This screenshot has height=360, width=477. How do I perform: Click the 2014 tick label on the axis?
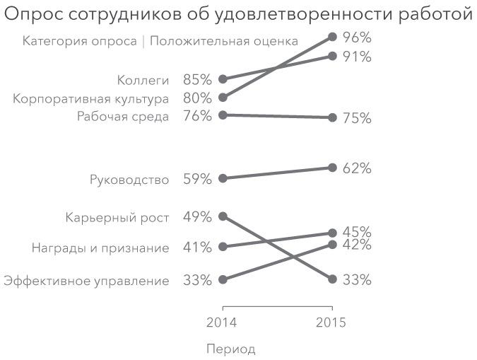tap(222, 323)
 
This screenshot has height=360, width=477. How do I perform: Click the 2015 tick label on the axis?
tap(331, 323)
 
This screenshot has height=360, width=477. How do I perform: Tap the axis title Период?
tap(231, 349)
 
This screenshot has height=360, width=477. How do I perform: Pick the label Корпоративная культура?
tap(90, 98)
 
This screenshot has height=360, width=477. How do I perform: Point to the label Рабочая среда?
tap(123, 117)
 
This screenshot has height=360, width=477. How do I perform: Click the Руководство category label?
tap(129, 180)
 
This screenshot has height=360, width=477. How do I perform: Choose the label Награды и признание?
tap(100, 248)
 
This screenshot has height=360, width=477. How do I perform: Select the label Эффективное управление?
tap(86, 281)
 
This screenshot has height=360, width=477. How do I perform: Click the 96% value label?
tap(357, 37)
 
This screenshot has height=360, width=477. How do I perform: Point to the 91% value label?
tap(357, 57)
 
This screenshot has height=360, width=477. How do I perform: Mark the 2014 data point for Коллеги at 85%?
tap(223, 79)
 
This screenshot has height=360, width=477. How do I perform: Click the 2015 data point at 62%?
tap(331, 168)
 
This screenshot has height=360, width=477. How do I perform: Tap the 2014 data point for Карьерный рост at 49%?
tap(223, 216)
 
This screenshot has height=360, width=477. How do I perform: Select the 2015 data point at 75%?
tap(331, 117)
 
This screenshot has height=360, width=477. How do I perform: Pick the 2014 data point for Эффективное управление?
tap(223, 279)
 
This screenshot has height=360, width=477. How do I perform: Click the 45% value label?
tap(357, 232)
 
